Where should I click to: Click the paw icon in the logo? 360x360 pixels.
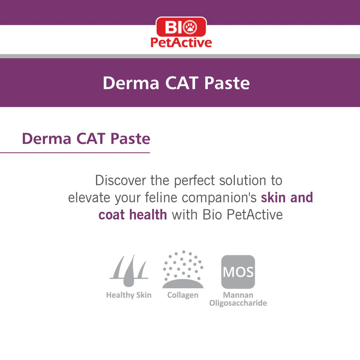click(x=190, y=28)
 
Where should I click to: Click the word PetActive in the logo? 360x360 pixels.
click(x=181, y=42)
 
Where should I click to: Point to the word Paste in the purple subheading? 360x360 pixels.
click(x=130, y=139)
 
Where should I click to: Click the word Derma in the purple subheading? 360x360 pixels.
click(x=45, y=139)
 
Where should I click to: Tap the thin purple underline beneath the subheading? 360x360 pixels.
click(x=75, y=153)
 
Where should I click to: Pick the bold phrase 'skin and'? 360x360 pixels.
click(x=287, y=197)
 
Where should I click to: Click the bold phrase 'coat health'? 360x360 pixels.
click(x=133, y=215)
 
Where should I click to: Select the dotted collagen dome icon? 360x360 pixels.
click(x=183, y=269)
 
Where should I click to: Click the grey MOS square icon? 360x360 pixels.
click(x=238, y=272)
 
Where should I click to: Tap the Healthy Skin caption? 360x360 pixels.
click(x=129, y=295)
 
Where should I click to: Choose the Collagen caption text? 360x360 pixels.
click(x=183, y=295)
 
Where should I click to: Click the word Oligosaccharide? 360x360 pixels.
click(x=238, y=303)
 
